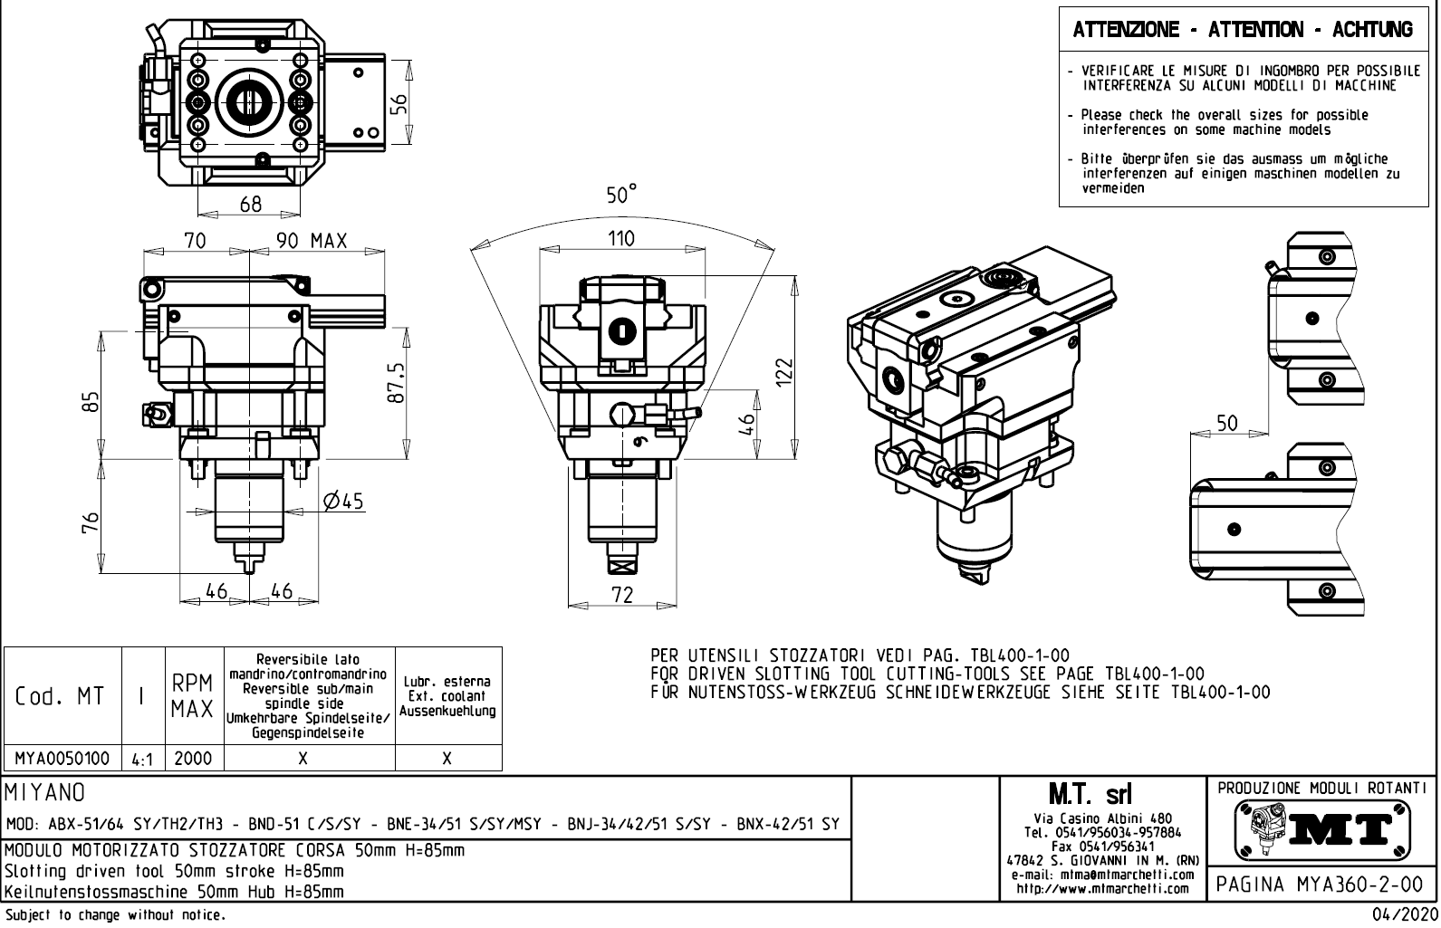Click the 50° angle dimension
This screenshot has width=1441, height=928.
[621, 195]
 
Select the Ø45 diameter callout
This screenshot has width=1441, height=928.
[343, 501]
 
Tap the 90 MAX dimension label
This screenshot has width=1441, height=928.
[312, 241]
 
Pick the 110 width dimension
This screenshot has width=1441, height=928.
[620, 239]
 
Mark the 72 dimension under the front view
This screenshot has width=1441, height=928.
[622, 595]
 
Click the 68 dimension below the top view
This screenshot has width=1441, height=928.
[251, 205]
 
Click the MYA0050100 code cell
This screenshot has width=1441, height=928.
[62, 758]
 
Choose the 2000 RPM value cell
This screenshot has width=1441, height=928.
[193, 758]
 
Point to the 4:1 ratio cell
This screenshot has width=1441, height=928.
[142, 759]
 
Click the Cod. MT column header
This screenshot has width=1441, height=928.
[60, 696]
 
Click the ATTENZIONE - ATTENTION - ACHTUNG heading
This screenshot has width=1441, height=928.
[1242, 30]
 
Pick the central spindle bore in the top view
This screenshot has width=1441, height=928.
[250, 99]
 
